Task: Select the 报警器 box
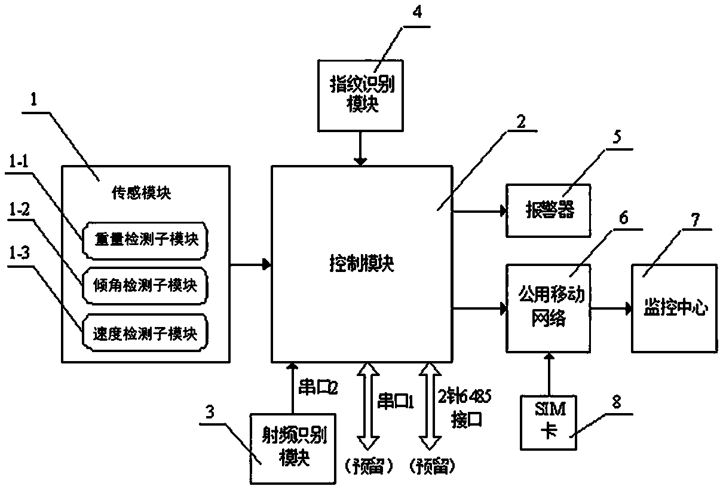[x=547, y=210]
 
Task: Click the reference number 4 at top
[x=418, y=13]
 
